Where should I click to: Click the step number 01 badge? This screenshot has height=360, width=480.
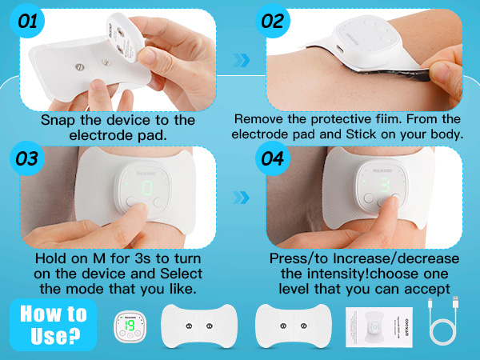tap(27, 21)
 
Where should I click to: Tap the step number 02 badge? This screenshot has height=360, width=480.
tap(273, 21)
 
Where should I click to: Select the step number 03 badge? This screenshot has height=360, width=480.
tap(27, 158)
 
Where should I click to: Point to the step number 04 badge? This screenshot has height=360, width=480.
tap(273, 158)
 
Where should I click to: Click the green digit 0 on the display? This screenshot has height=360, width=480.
tap(147, 188)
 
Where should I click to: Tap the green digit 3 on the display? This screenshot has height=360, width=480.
tap(385, 185)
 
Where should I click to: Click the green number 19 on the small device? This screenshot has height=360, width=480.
tap(130, 326)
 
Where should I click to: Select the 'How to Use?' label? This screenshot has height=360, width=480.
tap(54, 325)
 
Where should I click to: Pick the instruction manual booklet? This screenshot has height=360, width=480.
tap(379, 327)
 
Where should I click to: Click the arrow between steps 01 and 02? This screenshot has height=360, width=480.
tap(242, 60)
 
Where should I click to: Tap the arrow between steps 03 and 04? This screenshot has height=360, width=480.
tap(242, 198)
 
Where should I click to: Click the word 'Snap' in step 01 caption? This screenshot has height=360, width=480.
tap(58, 120)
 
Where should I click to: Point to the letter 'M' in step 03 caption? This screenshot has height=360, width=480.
tap(99, 258)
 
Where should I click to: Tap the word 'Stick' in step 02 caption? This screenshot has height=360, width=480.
tap(361, 134)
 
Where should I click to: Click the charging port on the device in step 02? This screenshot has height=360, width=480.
tap(340, 49)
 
